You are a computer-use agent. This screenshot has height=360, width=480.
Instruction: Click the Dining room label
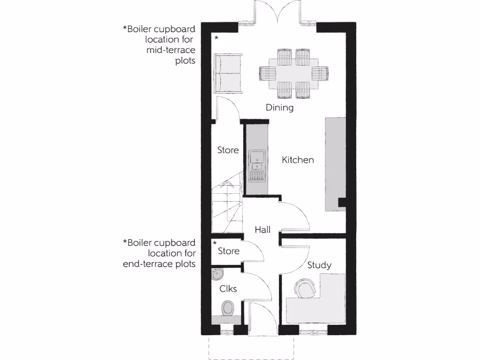click(x=279, y=108)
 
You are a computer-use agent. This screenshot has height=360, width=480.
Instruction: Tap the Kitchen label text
click(x=298, y=160)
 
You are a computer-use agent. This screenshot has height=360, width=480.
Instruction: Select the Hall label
click(x=262, y=230)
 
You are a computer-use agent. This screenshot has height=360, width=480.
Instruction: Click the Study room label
click(x=319, y=265)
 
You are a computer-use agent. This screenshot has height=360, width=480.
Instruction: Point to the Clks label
click(x=228, y=289)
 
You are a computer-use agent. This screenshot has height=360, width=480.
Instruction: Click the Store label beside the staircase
click(x=228, y=150)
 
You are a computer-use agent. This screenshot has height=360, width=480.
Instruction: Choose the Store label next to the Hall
click(x=229, y=251)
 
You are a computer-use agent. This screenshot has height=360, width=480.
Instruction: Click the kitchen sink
click(x=257, y=160)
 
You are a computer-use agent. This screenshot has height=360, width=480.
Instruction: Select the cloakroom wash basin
click(x=217, y=274)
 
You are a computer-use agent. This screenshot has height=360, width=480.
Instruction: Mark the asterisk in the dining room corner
click(x=217, y=38)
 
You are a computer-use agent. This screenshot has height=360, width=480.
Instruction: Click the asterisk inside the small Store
click(x=215, y=243)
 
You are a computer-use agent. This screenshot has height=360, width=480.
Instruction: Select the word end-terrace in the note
click(x=147, y=264)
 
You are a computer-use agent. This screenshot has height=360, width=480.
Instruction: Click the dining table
click(x=294, y=74)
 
